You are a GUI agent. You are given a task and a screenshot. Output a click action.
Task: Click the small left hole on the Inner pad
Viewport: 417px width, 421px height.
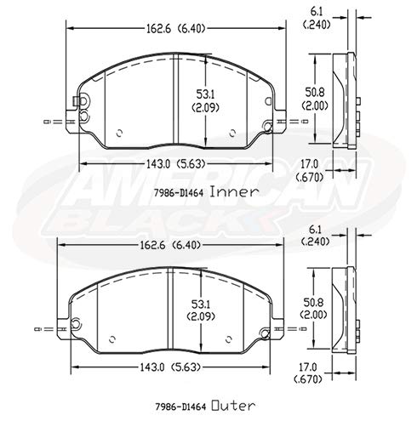117,132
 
